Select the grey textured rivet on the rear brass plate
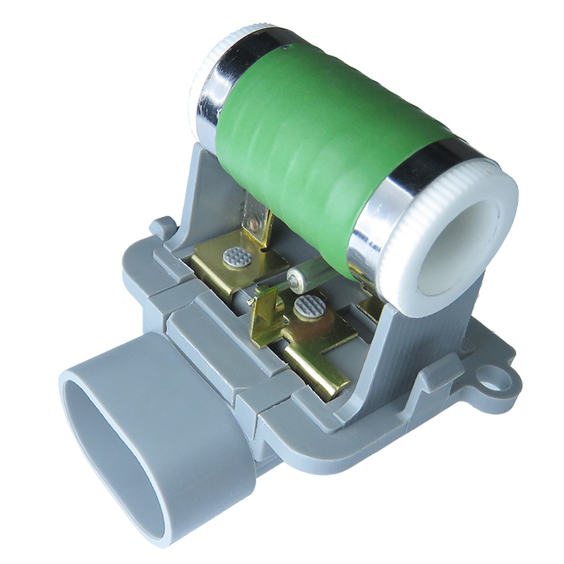point(235,256)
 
